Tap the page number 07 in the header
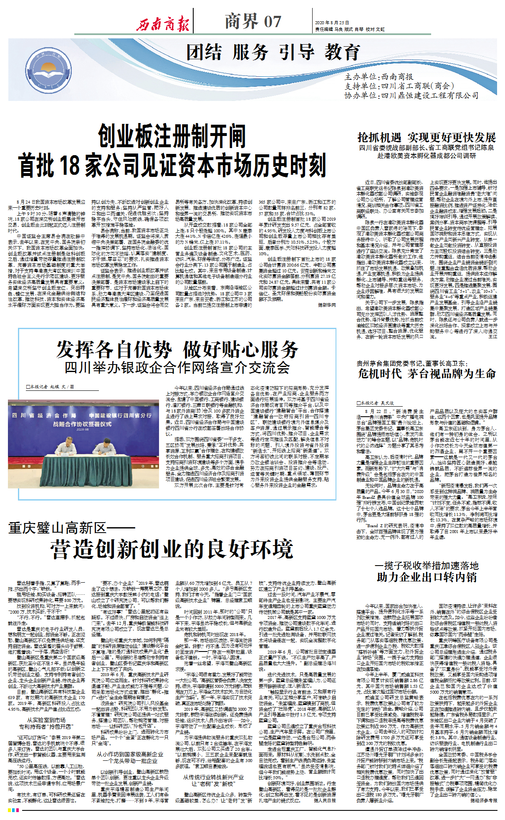tap(273, 22)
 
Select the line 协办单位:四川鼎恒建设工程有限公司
tap(411, 96)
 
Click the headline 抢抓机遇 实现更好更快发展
tap(427, 138)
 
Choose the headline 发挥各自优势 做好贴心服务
tap(177, 350)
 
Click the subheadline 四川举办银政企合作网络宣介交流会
tap(177, 367)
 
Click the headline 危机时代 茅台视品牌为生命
tap(427, 373)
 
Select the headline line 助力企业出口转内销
tap(427, 577)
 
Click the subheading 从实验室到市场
tap(46, 720)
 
